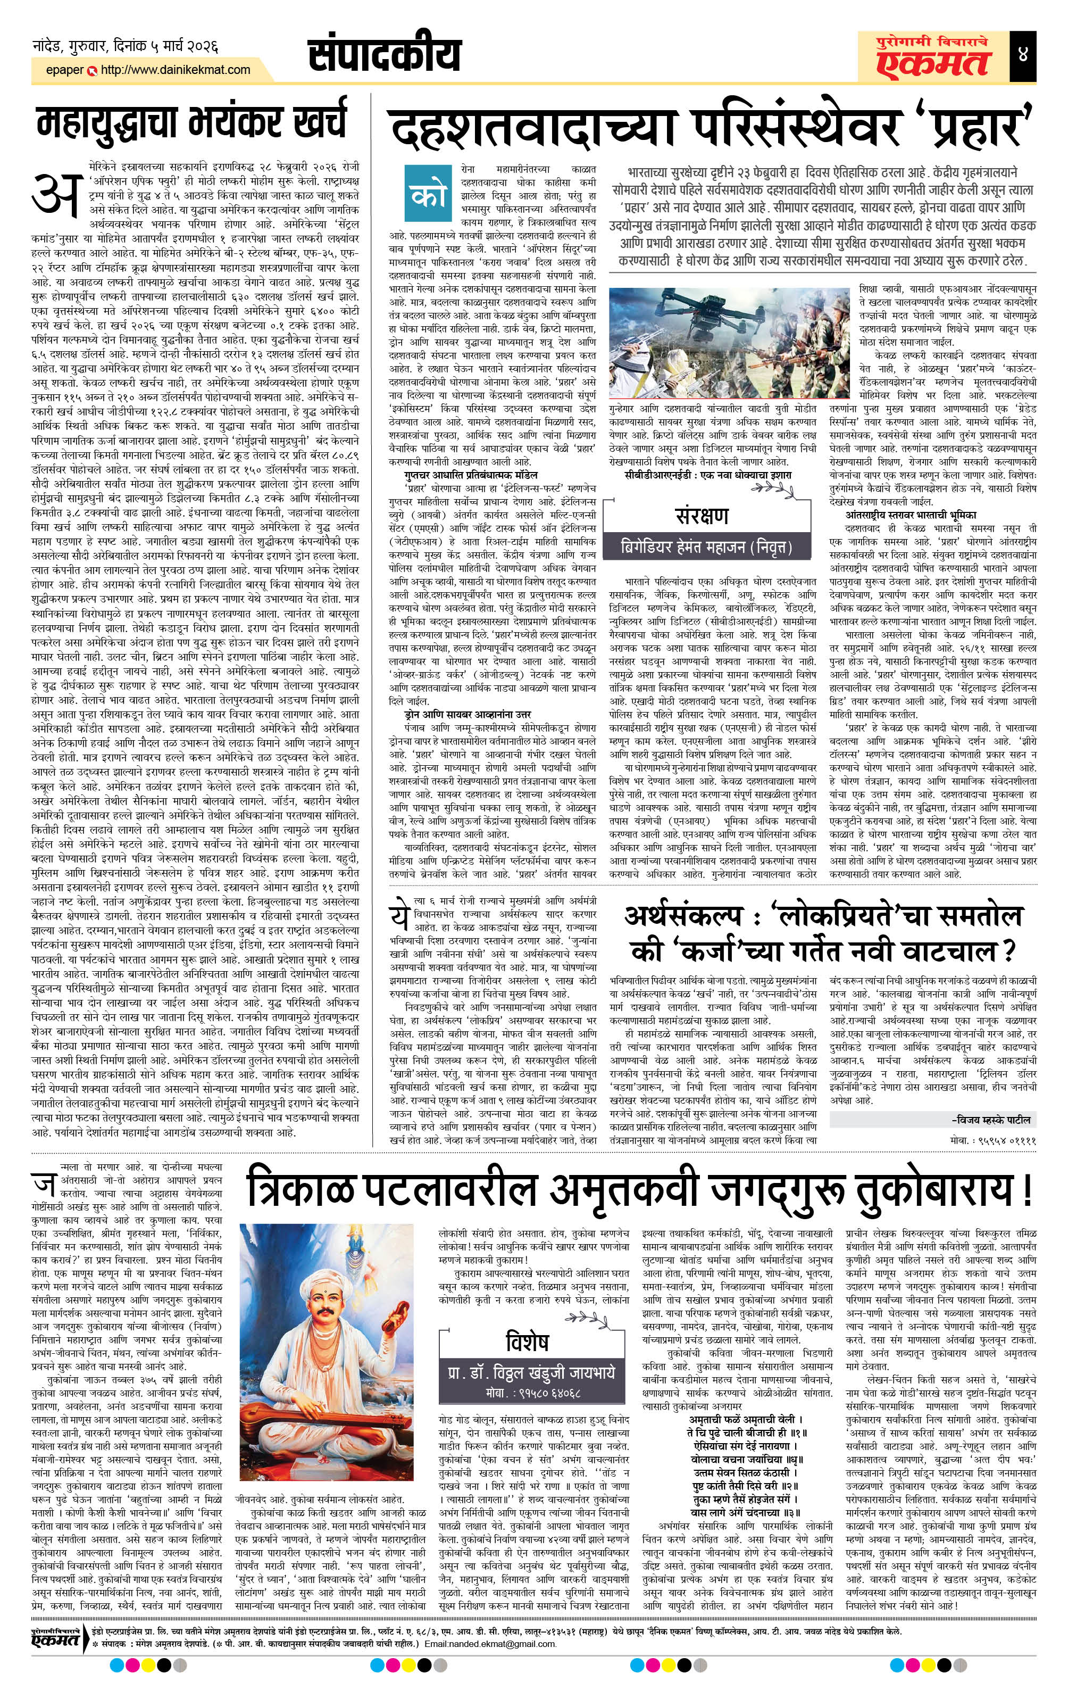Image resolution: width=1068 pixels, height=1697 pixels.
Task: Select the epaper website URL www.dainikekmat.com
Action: [x=176, y=70]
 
